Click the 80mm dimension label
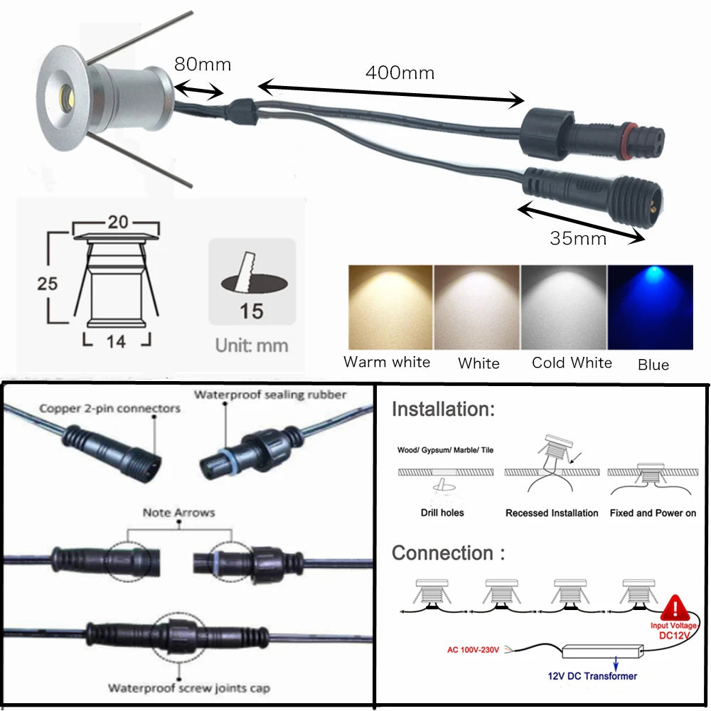tap(203, 64)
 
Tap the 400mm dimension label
tap(400, 72)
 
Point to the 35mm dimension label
tap(578, 238)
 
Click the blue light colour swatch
tap(650, 307)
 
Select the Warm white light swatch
tap(390, 307)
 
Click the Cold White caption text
tap(572, 363)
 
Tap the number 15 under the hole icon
tap(252, 311)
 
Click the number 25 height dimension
tap(48, 283)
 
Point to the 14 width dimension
tap(116, 341)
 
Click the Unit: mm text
tap(252, 346)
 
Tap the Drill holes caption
tap(442, 513)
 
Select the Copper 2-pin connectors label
tap(109, 408)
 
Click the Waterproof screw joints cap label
tap(188, 688)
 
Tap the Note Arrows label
tap(178, 512)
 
